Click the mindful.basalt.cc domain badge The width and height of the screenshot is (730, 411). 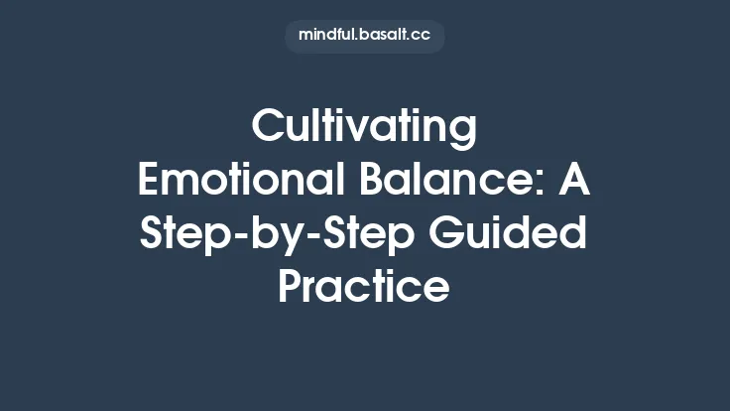(364, 36)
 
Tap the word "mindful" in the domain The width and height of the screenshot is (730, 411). (328, 36)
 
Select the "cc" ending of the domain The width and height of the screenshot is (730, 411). (421, 36)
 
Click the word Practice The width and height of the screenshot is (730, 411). (364, 289)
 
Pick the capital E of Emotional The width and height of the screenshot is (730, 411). (148, 183)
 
